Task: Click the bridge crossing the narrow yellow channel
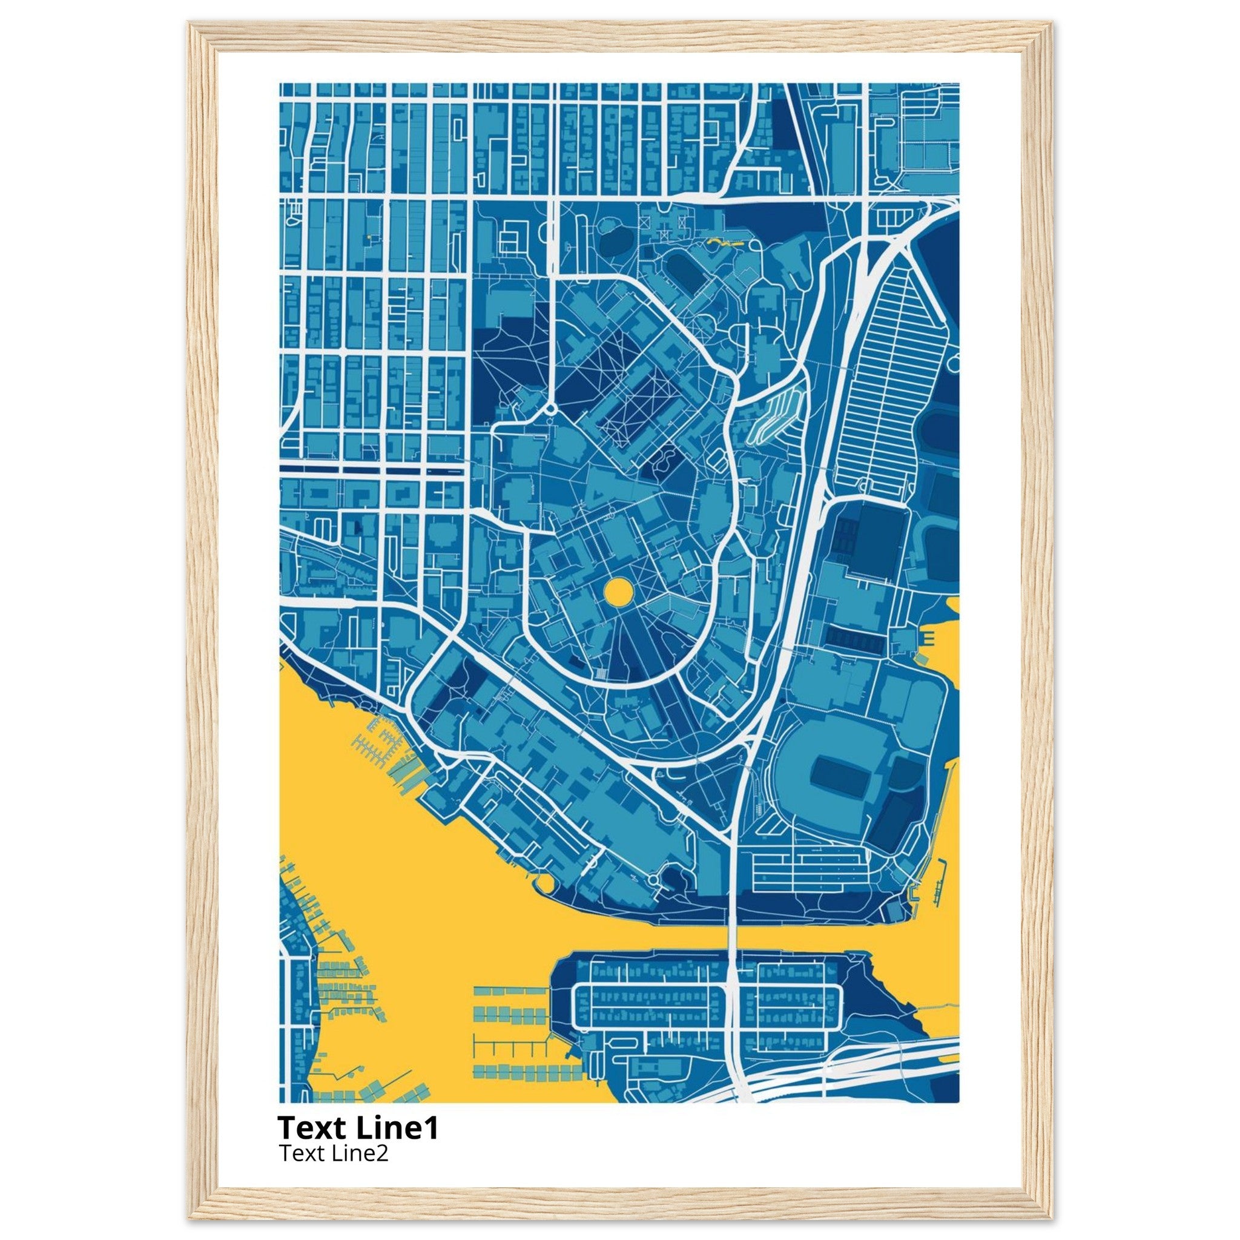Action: pos(731,946)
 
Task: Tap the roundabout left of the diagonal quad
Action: pos(550,408)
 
